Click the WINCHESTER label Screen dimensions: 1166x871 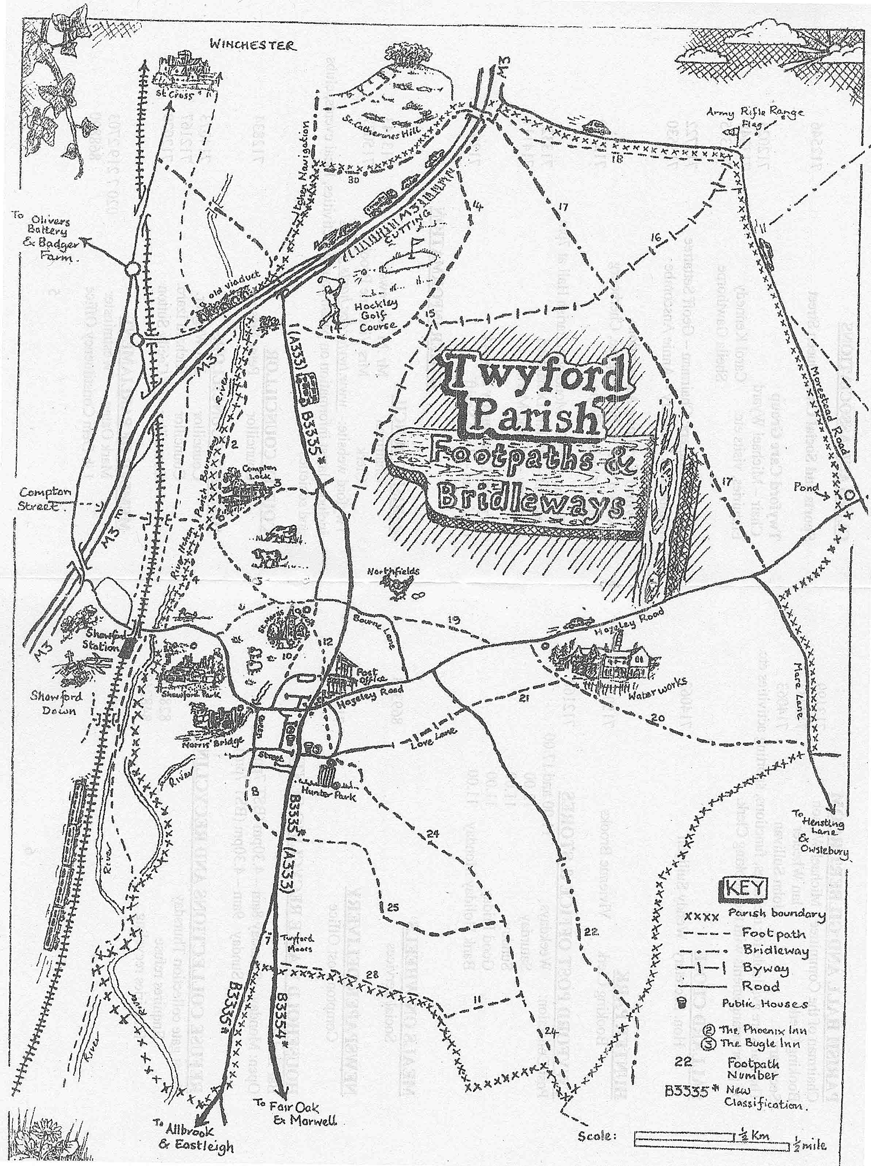click(x=253, y=45)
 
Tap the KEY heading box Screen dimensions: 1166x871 click(x=744, y=887)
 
